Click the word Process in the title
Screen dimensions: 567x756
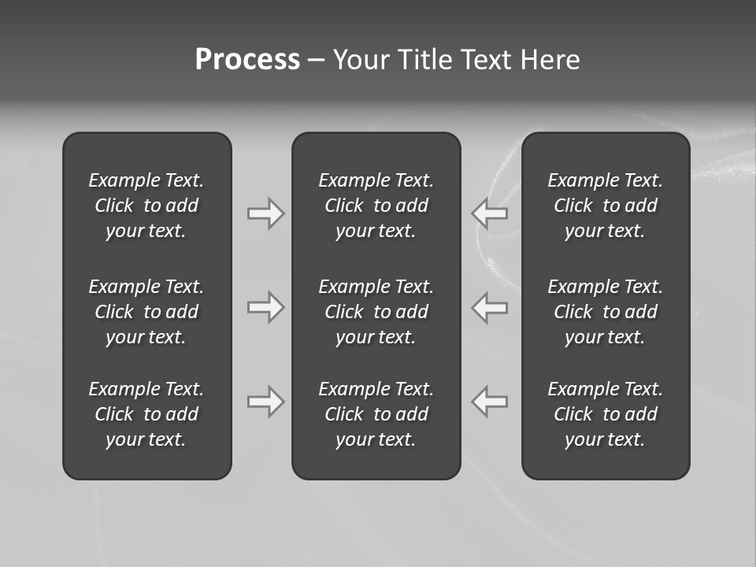tap(247, 60)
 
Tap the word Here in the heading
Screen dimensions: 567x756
tap(550, 60)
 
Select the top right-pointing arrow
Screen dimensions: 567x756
tap(266, 213)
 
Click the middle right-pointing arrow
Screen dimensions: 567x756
tap(266, 307)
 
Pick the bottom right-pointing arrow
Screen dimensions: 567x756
tap(266, 402)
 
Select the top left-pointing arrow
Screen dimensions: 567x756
tap(489, 213)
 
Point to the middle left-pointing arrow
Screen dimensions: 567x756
tap(489, 307)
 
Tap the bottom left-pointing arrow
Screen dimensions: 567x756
tap(489, 402)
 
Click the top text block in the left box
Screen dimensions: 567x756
tap(146, 206)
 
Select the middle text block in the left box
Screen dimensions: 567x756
tap(146, 312)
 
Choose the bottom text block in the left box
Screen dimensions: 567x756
tap(146, 414)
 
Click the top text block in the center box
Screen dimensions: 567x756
tap(376, 206)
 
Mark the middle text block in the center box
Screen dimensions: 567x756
tap(376, 312)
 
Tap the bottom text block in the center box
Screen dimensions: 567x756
tap(376, 414)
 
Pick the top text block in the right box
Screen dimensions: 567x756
tap(605, 206)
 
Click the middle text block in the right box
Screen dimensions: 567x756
tap(605, 312)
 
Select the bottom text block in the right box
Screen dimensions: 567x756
tap(605, 414)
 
